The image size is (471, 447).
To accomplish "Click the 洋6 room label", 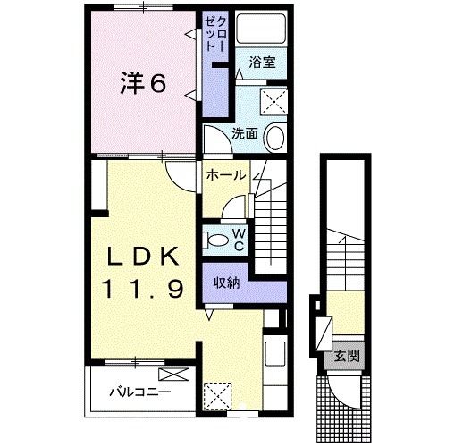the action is coord(143,83).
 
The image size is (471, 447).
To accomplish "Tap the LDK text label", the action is coord(143,257).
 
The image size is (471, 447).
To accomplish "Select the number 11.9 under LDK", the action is coord(143,288).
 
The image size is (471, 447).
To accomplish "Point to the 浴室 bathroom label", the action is coord(262,63).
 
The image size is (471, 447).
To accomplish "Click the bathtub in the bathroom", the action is coord(260,29).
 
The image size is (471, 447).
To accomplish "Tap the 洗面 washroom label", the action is coord(245,134).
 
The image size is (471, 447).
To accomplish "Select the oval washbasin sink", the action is coord(275,139).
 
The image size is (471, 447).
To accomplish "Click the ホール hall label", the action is coord(226,175).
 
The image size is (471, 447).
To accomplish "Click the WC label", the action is coord(240,240).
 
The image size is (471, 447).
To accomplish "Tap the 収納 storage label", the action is coord(227,283).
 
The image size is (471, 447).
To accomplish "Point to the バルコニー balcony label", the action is coord(140,392).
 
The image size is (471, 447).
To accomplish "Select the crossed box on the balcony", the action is coord(174,375).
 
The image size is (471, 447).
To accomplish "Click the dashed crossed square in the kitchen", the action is coord(217,396).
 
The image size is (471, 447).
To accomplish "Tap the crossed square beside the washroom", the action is coord(273,101).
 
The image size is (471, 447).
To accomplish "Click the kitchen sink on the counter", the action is coord(275,353).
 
